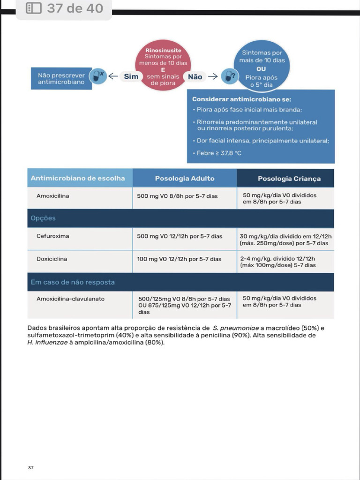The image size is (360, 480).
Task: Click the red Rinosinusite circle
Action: pos(163,66)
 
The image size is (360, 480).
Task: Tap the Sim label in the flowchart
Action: pos(131,76)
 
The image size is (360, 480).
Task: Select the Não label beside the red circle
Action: pos(195,76)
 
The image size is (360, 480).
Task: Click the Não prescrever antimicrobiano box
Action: pos(61,78)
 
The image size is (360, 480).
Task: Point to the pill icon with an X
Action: pos(98,76)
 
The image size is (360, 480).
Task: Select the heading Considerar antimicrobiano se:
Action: pos(241,99)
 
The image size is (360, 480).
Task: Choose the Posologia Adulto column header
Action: pos(185,179)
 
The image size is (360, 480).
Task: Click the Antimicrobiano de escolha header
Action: pos(78,179)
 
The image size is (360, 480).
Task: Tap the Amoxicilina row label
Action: pos(53,196)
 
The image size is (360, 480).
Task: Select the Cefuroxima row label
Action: pos(53,236)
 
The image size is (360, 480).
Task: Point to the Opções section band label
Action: pos(43,218)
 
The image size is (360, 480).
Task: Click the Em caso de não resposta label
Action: pos(73,282)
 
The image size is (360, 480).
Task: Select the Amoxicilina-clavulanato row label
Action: pos(71,299)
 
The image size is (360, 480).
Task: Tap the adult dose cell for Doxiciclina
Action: pos(179,259)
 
